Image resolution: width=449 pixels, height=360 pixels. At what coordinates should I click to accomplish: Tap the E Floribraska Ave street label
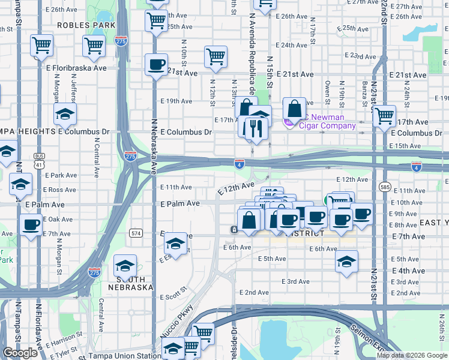pos(79,68)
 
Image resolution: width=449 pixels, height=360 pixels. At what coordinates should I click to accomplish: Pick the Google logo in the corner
pos(20,353)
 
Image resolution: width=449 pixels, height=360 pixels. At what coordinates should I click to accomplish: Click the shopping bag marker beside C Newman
pos(294,109)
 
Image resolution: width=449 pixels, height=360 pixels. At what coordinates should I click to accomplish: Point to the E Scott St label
pos(173,296)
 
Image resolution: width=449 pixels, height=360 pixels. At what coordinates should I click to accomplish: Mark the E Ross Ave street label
pos(59,189)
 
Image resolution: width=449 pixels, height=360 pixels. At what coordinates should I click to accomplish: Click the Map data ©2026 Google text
pos(412,355)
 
